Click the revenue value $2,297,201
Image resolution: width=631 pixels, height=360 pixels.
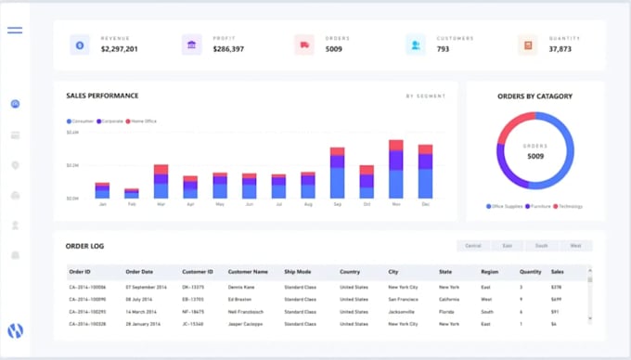point(119,48)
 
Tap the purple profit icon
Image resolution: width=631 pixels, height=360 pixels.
point(191,44)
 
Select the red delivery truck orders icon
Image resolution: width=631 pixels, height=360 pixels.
point(303,44)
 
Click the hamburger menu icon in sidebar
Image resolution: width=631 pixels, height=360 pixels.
point(15,31)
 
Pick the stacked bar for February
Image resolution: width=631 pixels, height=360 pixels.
point(132,193)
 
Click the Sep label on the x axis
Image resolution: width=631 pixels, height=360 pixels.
point(338,203)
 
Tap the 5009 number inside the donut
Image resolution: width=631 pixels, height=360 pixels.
point(534,156)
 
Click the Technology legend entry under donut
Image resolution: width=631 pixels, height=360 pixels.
point(568,206)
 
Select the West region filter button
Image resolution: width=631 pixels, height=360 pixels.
point(575,246)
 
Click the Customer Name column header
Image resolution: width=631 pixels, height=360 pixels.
point(249,272)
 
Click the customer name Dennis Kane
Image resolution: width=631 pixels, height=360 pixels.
point(243,287)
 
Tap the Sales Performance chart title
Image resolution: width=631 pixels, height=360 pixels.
point(102,96)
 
